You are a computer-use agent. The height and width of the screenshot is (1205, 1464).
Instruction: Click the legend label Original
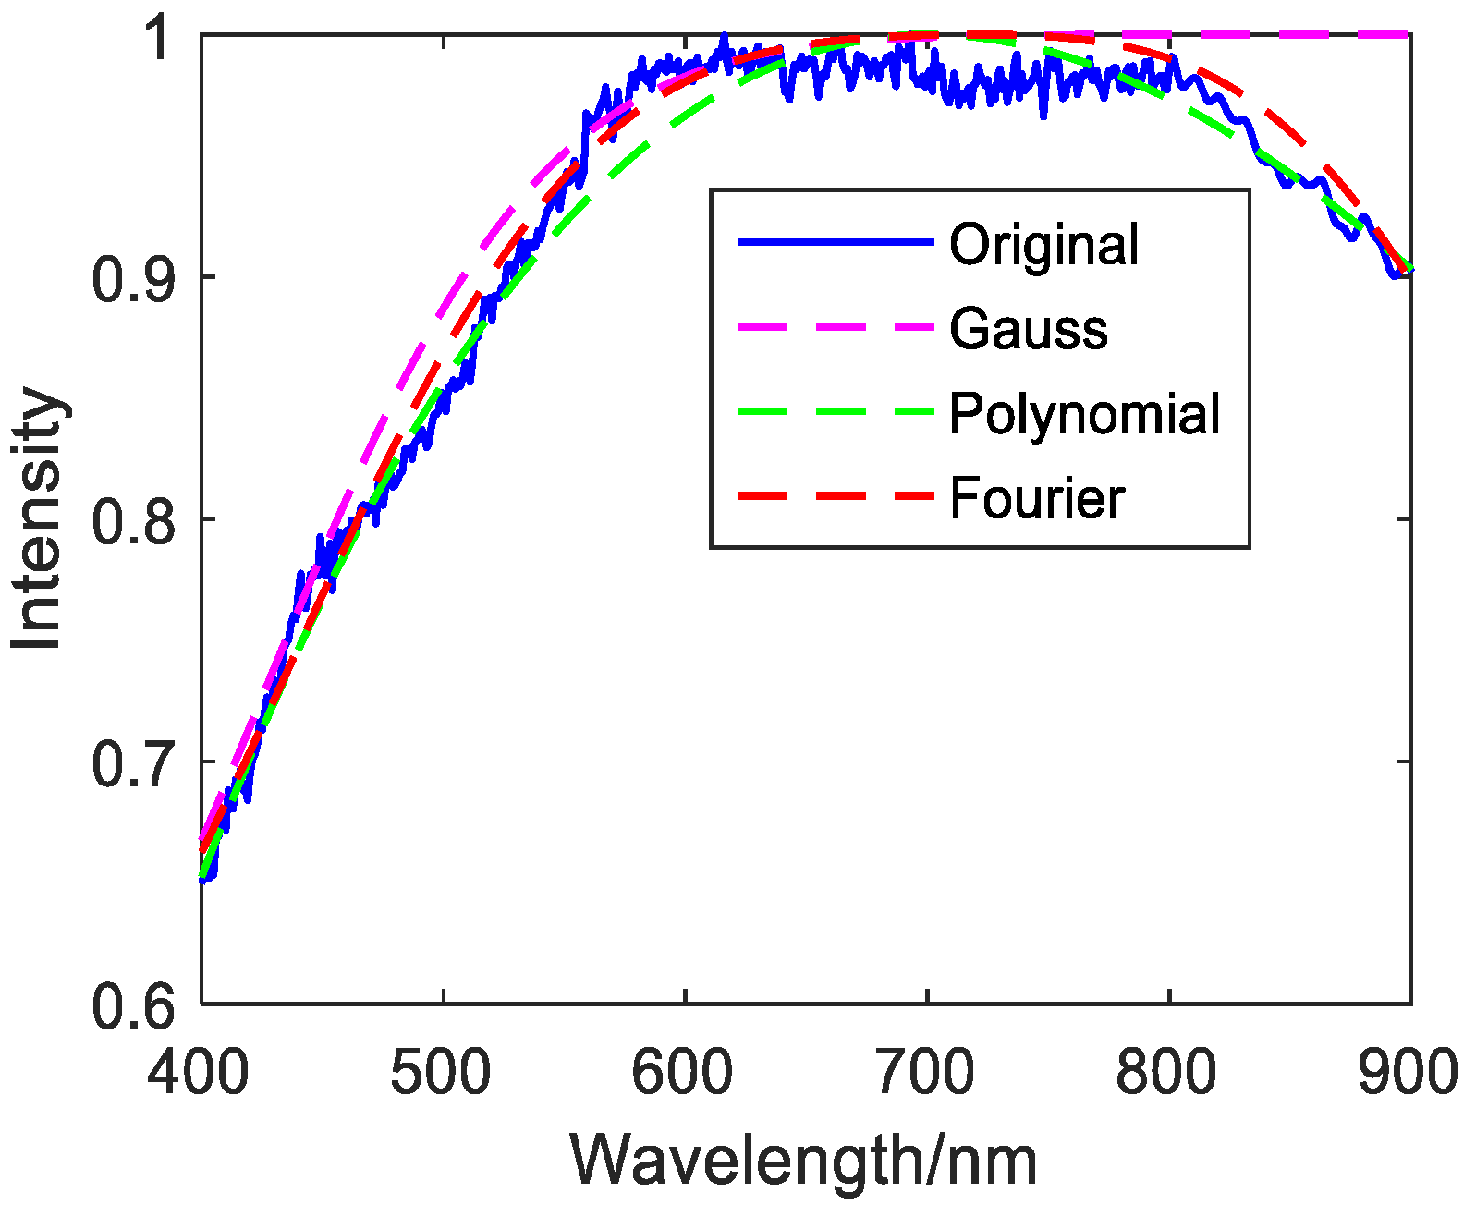1043,246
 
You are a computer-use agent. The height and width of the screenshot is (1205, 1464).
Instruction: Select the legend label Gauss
1028,330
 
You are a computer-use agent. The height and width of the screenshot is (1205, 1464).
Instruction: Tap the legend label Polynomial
1084,414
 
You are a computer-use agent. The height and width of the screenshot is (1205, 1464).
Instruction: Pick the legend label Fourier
1036,499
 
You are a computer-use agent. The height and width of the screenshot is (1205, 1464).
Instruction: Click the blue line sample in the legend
836,242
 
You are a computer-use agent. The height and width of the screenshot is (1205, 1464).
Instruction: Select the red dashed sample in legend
836,496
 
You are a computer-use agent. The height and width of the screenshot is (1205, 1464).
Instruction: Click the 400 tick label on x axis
199,1073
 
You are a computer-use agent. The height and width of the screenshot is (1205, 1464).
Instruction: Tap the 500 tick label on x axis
441,1073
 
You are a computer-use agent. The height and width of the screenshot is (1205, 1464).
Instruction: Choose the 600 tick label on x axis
683,1073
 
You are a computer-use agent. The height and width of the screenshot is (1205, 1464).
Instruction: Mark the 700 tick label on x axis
925,1073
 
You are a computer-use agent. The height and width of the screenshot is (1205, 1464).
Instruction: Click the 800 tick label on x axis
1167,1073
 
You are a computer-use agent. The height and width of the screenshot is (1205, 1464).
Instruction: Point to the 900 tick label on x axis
1407,1073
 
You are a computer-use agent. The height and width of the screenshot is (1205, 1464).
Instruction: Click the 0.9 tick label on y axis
133,278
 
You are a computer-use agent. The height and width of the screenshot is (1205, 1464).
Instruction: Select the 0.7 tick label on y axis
133,762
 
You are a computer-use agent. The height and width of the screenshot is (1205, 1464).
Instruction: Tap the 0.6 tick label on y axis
133,1005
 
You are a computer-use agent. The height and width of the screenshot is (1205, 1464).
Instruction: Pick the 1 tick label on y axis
159,38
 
